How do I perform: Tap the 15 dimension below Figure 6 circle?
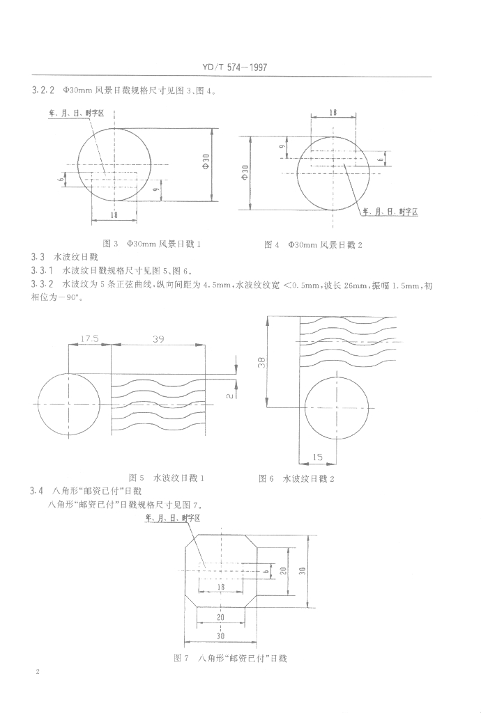(x=317, y=457)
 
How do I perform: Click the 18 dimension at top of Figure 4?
(x=333, y=112)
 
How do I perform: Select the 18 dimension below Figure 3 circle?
(x=114, y=215)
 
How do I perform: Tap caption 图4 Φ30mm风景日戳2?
(x=314, y=244)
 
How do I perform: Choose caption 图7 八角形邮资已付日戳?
(x=230, y=657)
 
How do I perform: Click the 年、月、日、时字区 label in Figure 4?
(x=390, y=211)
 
